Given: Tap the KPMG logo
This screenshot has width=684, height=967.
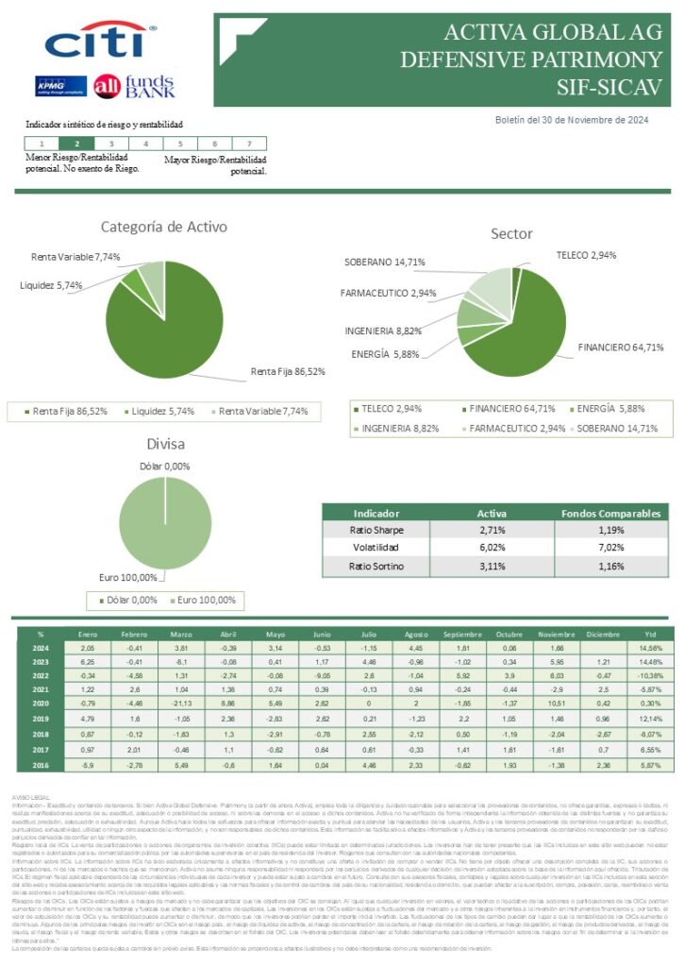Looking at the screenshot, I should click(61, 85).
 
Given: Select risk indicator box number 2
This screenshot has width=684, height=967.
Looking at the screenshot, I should click(76, 144).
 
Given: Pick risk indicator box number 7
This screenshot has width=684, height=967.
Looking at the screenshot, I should click(248, 144).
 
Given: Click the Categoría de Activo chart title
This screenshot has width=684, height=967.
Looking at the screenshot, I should click(164, 227).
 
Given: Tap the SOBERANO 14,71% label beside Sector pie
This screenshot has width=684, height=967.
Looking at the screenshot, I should click(383, 262).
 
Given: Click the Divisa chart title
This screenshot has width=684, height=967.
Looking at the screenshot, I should click(164, 444).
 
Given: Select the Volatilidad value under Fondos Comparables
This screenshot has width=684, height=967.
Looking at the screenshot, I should click(610, 548).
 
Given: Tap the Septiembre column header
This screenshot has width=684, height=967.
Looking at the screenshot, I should click(461, 634).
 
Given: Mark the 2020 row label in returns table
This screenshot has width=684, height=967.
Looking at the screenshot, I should click(41, 703).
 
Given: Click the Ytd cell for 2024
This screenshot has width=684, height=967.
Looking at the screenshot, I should click(650, 648).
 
